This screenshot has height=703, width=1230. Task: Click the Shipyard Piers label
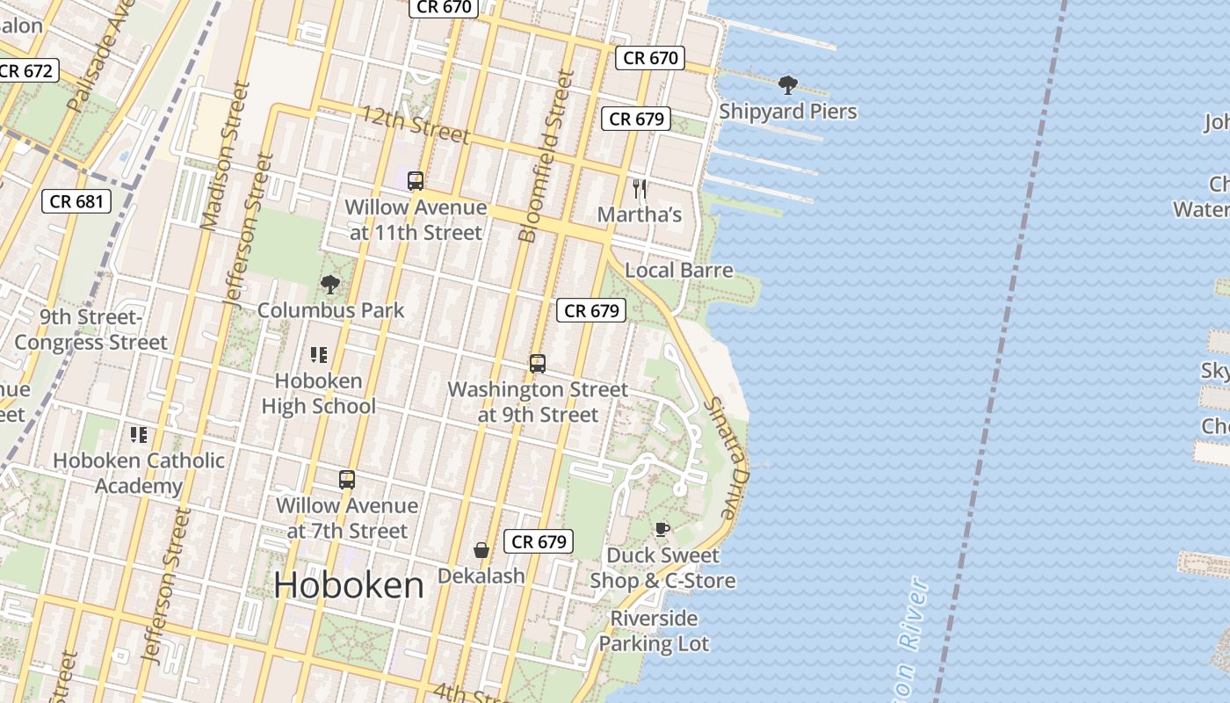787,112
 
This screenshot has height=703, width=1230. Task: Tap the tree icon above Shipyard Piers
787,85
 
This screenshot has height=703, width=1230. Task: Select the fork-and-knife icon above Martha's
640,188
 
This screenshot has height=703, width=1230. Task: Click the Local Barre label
678,270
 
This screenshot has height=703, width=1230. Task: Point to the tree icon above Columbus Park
330,284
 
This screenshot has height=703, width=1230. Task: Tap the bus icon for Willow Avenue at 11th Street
416,181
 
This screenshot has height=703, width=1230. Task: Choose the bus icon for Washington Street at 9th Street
537,363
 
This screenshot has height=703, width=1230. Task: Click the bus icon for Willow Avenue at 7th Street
347,480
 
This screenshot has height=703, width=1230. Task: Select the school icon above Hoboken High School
318,355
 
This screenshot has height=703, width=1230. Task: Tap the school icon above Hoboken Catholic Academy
138,434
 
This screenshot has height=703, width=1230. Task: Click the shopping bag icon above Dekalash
481,550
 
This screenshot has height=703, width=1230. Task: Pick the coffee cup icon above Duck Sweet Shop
662,529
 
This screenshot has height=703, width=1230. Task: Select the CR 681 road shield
76,201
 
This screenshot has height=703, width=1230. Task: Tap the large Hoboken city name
349,585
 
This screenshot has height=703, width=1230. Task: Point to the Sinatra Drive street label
727,457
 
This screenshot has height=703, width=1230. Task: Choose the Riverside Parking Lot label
654,631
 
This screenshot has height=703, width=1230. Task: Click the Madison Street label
221,156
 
